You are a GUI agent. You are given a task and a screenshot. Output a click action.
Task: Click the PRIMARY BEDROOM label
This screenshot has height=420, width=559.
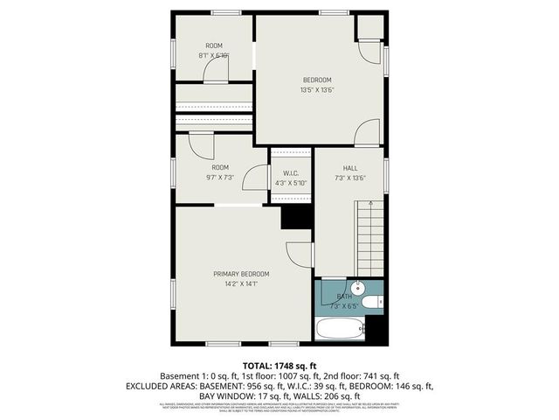(241, 274)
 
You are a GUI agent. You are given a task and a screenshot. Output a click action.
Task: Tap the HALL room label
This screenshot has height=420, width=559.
(349, 168)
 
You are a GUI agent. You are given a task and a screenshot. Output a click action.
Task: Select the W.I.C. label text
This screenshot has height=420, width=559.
(291, 173)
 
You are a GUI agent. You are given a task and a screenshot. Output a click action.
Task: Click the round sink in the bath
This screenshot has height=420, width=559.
(356, 289)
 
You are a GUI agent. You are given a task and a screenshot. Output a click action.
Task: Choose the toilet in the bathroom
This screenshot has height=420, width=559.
(371, 303)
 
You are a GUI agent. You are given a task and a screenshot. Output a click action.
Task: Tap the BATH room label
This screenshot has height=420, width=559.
(344, 297)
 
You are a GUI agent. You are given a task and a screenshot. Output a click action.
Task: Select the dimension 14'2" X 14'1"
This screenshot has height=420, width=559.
(241, 283)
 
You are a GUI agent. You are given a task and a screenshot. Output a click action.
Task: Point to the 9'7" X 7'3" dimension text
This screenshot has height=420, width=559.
(219, 177)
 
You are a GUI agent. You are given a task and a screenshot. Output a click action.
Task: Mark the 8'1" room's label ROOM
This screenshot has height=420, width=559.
(214, 45)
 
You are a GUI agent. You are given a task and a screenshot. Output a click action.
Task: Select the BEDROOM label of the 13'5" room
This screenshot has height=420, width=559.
(317, 80)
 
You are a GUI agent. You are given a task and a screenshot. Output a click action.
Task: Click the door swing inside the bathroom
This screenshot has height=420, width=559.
(332, 289)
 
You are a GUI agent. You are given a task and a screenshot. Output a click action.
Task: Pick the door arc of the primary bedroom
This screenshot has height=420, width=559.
(300, 255)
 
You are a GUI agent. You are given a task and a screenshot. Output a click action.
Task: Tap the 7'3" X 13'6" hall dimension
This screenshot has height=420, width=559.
(349, 178)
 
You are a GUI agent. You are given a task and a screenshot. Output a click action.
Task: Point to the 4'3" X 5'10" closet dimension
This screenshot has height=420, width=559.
(291, 183)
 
